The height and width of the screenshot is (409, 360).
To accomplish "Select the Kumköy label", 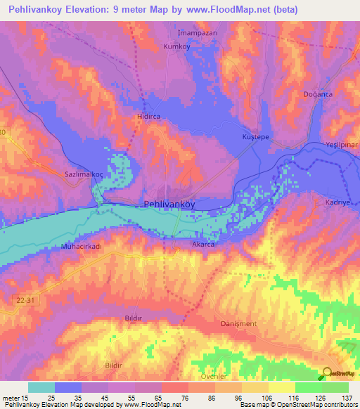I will point(176,46).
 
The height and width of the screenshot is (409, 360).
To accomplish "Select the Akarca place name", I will point(204,245).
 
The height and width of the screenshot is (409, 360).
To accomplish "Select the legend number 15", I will point(26,398).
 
